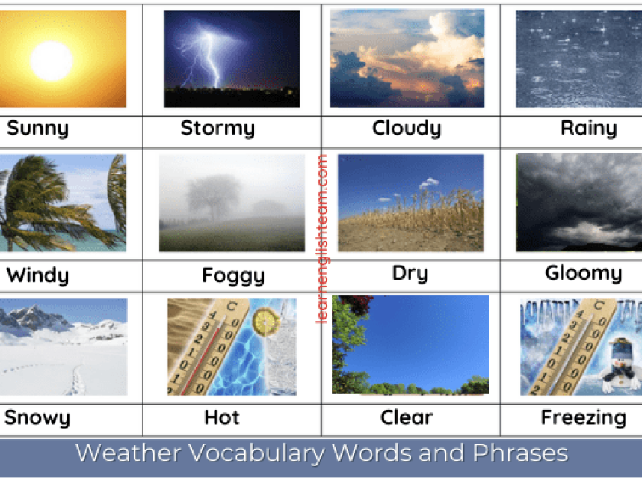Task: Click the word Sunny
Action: click(37, 129)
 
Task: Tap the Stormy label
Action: click(217, 129)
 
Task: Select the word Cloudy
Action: click(407, 129)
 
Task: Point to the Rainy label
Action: click(589, 129)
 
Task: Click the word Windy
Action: click(37, 275)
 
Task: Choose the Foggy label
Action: click(233, 275)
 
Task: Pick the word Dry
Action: click(410, 274)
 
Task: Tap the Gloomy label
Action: click(584, 273)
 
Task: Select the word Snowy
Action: click(37, 418)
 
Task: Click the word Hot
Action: click(222, 417)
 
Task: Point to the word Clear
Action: click(407, 417)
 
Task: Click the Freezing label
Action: click(584, 418)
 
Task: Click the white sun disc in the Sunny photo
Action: click(52, 61)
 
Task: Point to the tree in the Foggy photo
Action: click(213, 197)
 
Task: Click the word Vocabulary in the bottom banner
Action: click(256, 453)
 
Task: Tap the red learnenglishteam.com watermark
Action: click(323, 239)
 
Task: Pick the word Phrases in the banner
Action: click(520, 453)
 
